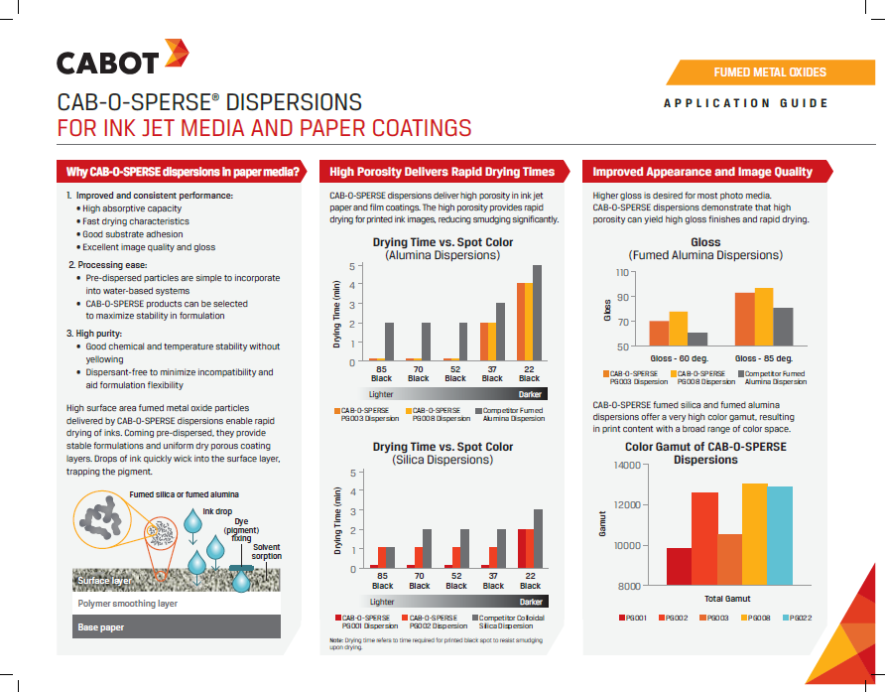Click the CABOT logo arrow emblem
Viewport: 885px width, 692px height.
pyautogui.click(x=177, y=53)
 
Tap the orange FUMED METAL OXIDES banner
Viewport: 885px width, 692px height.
pyautogui.click(x=771, y=72)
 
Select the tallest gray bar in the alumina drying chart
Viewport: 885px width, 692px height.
pyautogui.click(x=537, y=313)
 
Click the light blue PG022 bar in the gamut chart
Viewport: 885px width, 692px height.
pyautogui.click(x=780, y=535)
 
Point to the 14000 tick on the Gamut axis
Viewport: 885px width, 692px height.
pyautogui.click(x=627, y=465)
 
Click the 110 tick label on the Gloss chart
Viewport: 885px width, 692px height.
pyautogui.click(x=622, y=273)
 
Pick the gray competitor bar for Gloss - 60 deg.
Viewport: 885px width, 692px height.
pyautogui.click(x=697, y=339)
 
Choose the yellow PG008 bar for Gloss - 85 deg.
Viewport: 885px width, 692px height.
pyautogui.click(x=764, y=317)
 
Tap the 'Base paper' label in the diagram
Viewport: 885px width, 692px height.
pyautogui.click(x=101, y=627)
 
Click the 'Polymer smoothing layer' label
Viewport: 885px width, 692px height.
pyautogui.click(x=128, y=604)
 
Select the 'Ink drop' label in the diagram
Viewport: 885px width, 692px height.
pyautogui.click(x=217, y=511)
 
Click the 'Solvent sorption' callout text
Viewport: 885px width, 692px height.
pyautogui.click(x=267, y=551)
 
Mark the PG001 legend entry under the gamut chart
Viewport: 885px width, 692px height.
pyautogui.click(x=633, y=618)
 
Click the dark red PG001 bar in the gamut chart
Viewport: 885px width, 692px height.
pyautogui.click(x=679, y=567)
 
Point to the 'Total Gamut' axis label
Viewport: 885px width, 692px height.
pyautogui.click(x=727, y=599)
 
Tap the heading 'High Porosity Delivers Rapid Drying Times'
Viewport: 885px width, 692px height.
pyautogui.click(x=442, y=172)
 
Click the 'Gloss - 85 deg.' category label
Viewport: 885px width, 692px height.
pyautogui.click(x=764, y=358)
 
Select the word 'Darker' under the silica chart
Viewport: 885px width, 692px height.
pyautogui.click(x=531, y=602)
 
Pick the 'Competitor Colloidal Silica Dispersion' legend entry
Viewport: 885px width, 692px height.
pyautogui.click(x=509, y=622)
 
